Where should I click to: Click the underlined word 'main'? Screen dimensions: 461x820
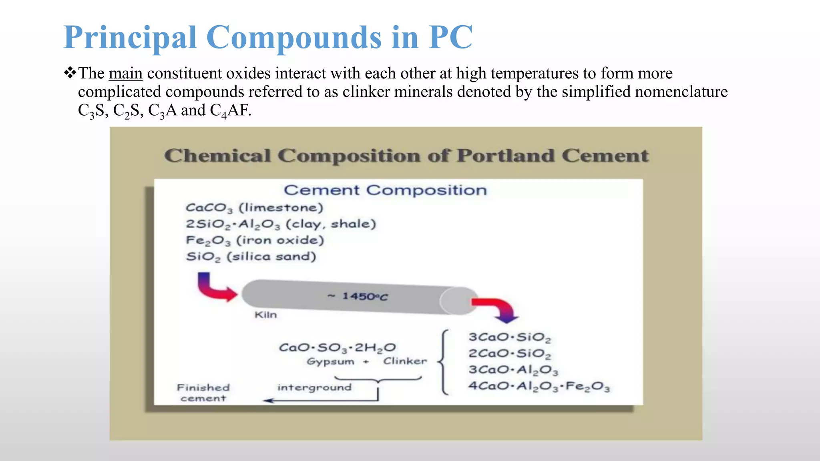[125, 74]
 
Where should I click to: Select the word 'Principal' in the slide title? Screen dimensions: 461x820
[130, 37]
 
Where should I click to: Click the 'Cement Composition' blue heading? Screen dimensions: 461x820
[385, 190]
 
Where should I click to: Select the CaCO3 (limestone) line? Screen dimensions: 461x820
[254, 208]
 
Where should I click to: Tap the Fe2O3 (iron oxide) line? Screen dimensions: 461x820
[255, 241]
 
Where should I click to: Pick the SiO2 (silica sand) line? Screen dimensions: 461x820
[251, 257]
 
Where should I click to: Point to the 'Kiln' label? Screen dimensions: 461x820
[265, 315]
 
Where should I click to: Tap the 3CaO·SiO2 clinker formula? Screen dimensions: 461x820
[510, 337]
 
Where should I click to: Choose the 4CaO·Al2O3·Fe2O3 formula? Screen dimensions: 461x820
[539, 387]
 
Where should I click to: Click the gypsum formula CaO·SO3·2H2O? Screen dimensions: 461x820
[337, 347]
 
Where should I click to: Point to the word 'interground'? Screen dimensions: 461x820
[314, 387]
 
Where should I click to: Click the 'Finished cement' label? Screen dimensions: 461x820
[203, 393]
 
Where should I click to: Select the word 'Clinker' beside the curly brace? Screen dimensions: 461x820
[405, 361]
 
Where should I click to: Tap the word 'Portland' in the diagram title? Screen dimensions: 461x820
[506, 156]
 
